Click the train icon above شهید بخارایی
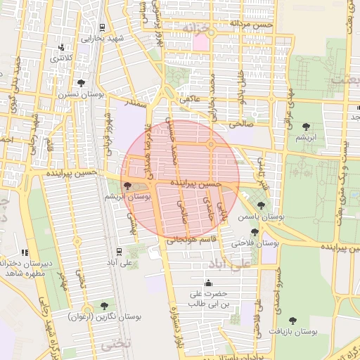click(x=103, y=28)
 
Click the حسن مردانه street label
click(x=254, y=25)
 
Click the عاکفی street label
click(x=190, y=100)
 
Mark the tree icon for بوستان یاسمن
click(x=261, y=205)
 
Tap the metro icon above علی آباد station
click(x=119, y=250)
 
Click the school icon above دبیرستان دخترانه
click(x=25, y=252)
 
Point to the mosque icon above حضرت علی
click(x=207, y=281)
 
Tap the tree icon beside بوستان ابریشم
click(x=127, y=186)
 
